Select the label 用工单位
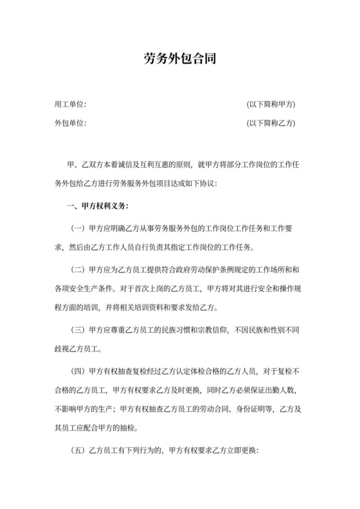point(71,104)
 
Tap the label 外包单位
point(71,122)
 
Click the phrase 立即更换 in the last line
point(239,451)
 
